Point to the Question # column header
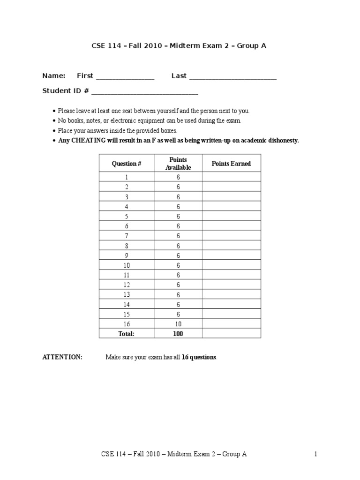pyautogui.click(x=126, y=164)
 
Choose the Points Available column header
pyautogui.click(x=178, y=164)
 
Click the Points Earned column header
pyautogui.click(x=231, y=164)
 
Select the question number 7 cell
pyautogui.click(x=126, y=236)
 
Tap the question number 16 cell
pyautogui.click(x=126, y=324)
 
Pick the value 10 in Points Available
pyautogui.click(x=178, y=324)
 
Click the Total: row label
pyautogui.click(x=126, y=334)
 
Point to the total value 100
pyautogui.click(x=178, y=334)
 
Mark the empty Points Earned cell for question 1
pyautogui.click(x=231, y=177)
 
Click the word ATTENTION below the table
pyautogui.click(x=62, y=357)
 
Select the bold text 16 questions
pyautogui.click(x=199, y=357)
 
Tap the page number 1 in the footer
pyautogui.click(x=316, y=454)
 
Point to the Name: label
pyautogui.click(x=54, y=76)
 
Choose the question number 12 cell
pyautogui.click(x=126, y=285)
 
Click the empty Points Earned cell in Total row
pyautogui.click(x=231, y=334)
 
